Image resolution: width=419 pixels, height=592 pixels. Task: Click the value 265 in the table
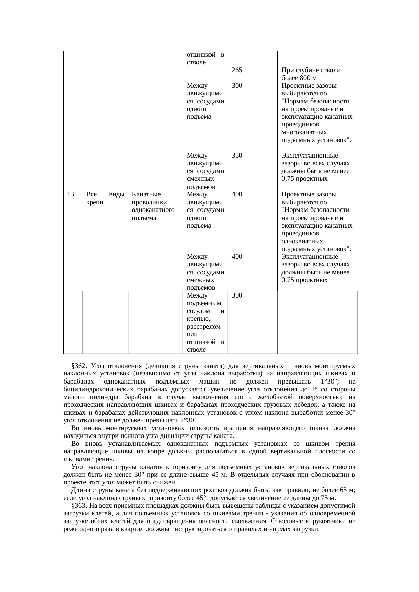tap(237, 70)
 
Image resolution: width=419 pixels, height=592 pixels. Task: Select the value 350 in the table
tap(237, 156)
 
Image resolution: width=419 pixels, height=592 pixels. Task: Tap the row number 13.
tap(71, 194)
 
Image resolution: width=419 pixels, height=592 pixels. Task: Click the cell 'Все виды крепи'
tap(105, 198)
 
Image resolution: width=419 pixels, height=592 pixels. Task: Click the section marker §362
tap(80, 366)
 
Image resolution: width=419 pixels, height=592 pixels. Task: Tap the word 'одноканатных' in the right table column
tap(302, 241)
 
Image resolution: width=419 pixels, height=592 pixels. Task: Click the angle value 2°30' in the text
tap(189, 420)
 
